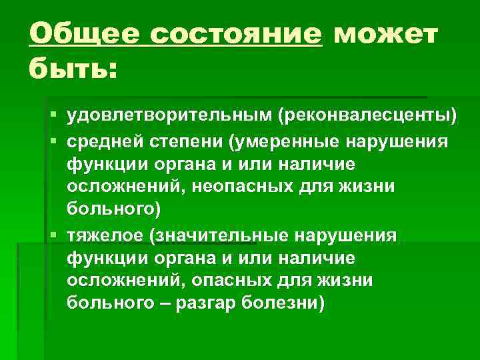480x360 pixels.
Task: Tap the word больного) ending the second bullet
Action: [114, 211]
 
